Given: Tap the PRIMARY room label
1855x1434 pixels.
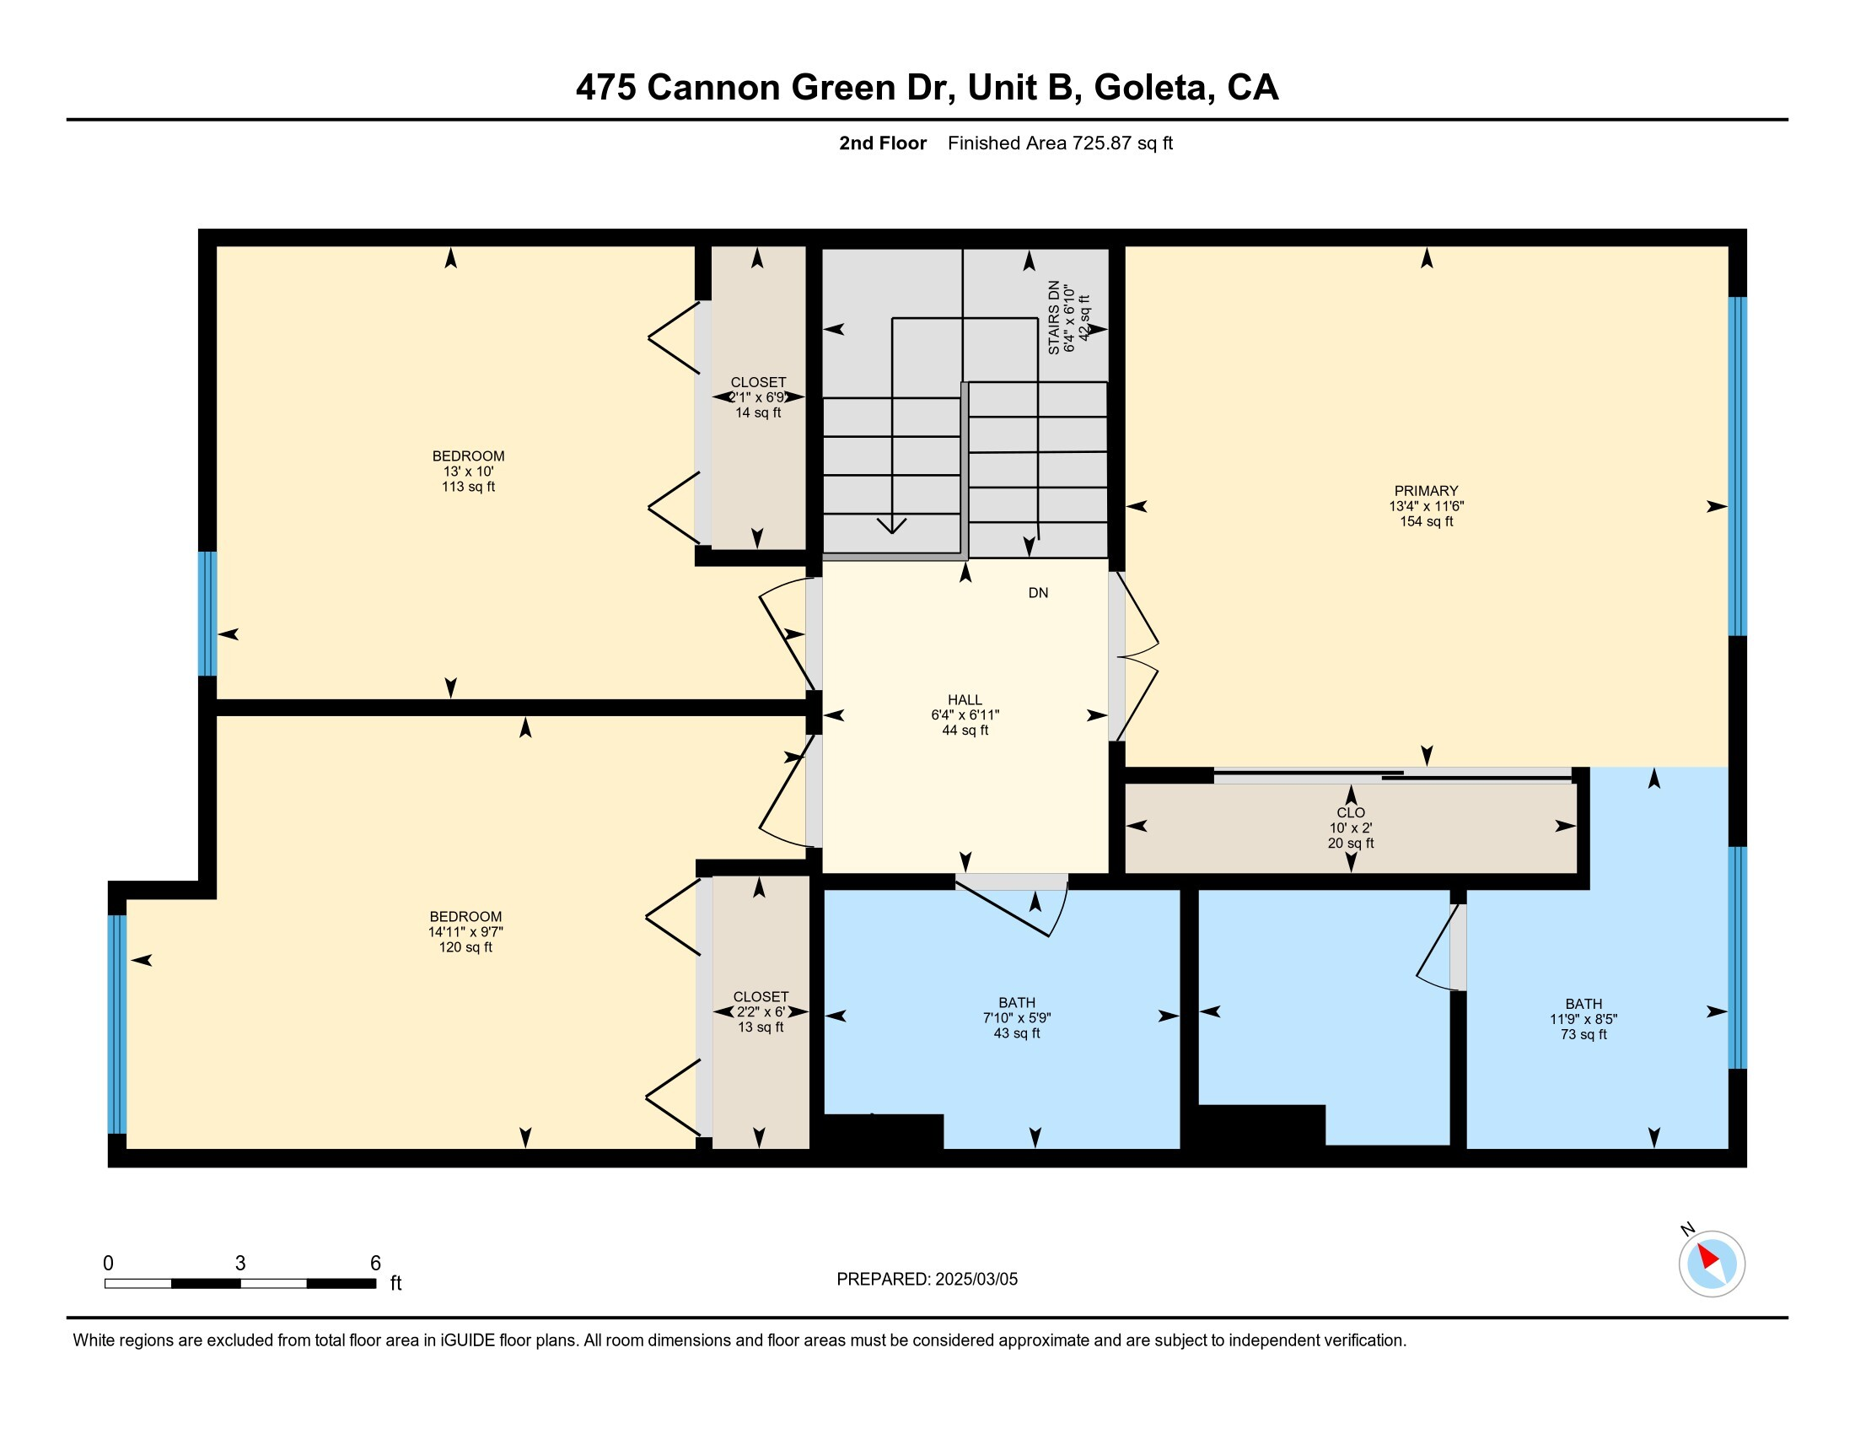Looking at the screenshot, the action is (1426, 491).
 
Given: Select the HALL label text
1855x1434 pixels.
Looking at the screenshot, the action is (965, 700).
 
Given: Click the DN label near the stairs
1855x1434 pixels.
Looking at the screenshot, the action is (1038, 593).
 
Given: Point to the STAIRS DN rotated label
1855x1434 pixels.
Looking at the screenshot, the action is (1054, 318).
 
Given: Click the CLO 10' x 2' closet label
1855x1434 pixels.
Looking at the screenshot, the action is (1351, 828).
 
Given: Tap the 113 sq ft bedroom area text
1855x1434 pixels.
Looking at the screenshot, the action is (468, 487).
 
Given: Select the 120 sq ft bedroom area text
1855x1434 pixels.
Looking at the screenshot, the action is (465, 947).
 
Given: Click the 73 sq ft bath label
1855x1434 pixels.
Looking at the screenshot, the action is (1584, 1035).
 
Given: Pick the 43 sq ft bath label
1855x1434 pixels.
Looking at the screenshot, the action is (1017, 1034).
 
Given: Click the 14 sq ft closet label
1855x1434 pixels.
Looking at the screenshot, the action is (759, 412).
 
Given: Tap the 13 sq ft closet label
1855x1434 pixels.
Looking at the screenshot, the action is (761, 1027).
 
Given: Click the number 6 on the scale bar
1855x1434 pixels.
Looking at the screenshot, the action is (375, 1264).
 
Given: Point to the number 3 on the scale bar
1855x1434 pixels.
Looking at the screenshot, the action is (240, 1264).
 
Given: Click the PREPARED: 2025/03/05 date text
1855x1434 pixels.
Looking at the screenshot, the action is (927, 1280).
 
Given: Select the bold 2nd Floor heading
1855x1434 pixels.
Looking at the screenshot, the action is (883, 143).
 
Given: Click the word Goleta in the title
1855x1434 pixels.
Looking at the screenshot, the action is (1152, 89).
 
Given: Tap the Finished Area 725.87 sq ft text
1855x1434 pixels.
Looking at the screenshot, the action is (1060, 143).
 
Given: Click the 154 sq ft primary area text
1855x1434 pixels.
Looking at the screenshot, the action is (1427, 521).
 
